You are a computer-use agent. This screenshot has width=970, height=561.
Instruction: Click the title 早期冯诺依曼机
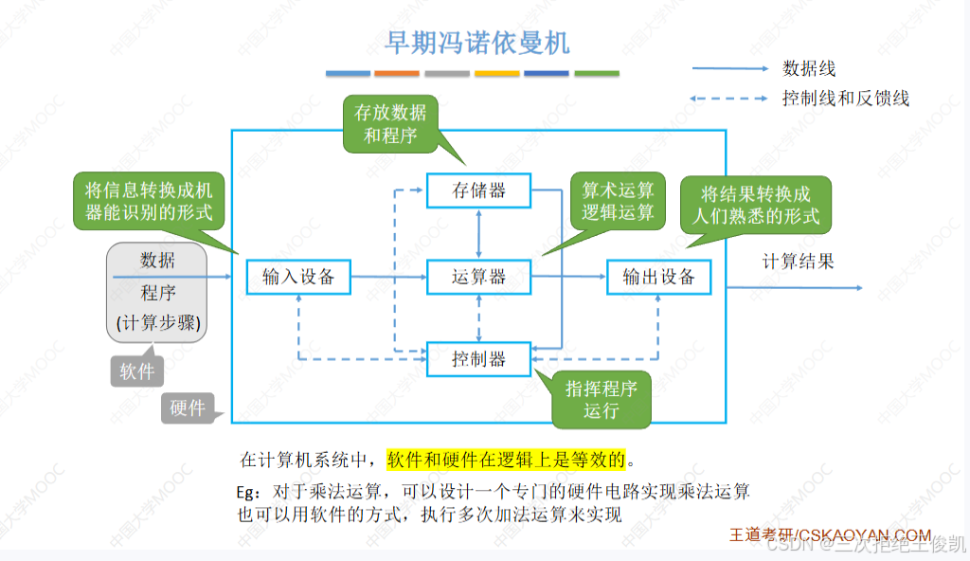point(477,43)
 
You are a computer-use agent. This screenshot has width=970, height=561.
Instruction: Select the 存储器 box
point(478,190)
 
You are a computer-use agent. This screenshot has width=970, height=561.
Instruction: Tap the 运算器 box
point(478,277)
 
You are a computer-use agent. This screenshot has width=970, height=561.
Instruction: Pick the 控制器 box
point(478,359)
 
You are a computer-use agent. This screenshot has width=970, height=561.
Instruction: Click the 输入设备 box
point(298,277)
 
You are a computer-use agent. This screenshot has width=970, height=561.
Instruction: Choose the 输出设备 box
point(659,277)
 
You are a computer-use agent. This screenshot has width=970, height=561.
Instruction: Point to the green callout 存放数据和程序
point(390,124)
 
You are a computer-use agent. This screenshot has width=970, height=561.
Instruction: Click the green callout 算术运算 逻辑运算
point(618,200)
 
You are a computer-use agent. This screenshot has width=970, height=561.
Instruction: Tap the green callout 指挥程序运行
point(602,399)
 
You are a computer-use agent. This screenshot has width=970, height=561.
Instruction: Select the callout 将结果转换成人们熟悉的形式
point(755,206)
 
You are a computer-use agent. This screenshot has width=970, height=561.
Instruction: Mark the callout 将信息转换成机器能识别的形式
point(149,199)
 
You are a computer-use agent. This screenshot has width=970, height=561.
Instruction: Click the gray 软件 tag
point(137,371)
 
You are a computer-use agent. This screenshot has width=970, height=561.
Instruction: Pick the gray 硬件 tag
point(188,408)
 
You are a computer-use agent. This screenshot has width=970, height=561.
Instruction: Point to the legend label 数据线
point(809,68)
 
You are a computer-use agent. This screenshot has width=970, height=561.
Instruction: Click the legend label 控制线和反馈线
point(846,98)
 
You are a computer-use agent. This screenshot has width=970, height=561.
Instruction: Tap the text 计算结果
point(799,262)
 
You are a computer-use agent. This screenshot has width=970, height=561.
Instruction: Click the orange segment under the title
point(397,73)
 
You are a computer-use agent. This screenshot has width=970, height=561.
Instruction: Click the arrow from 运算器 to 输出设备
point(568,277)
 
